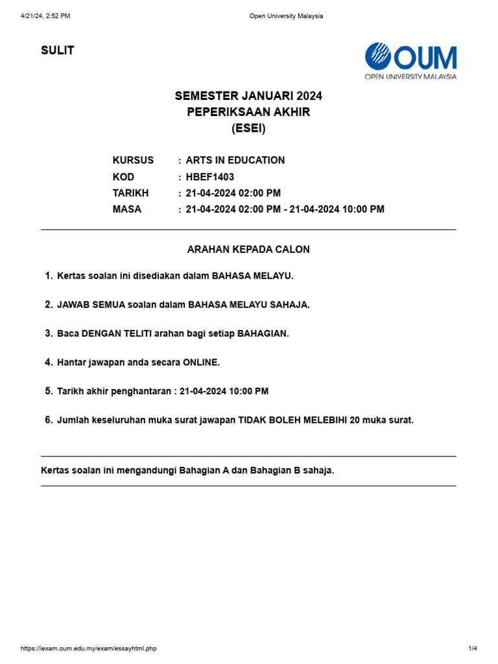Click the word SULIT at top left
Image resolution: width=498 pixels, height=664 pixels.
[x=58, y=51]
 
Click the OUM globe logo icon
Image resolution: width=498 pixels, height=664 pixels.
[x=377, y=56]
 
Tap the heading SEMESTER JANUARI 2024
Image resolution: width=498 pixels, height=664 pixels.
[x=248, y=96]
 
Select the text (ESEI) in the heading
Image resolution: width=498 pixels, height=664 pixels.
[x=248, y=128]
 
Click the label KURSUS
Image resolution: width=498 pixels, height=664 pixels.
[x=134, y=160]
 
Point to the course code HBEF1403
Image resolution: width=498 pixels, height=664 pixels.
[x=210, y=177]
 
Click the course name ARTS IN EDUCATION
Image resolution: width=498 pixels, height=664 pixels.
[x=235, y=160]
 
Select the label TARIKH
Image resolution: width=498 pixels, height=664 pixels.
[x=131, y=193]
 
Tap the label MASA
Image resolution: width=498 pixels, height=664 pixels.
[x=127, y=209]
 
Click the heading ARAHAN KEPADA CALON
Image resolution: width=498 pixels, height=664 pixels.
[x=248, y=249]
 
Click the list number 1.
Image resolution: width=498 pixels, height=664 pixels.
[x=49, y=276]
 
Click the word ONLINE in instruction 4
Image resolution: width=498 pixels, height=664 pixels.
[x=202, y=362]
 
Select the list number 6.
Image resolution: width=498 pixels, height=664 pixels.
[x=49, y=420]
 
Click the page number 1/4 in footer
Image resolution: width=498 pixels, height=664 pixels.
[x=472, y=648]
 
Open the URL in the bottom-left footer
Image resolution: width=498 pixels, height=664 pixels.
[x=89, y=648]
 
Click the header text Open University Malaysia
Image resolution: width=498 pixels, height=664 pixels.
[x=286, y=16]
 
